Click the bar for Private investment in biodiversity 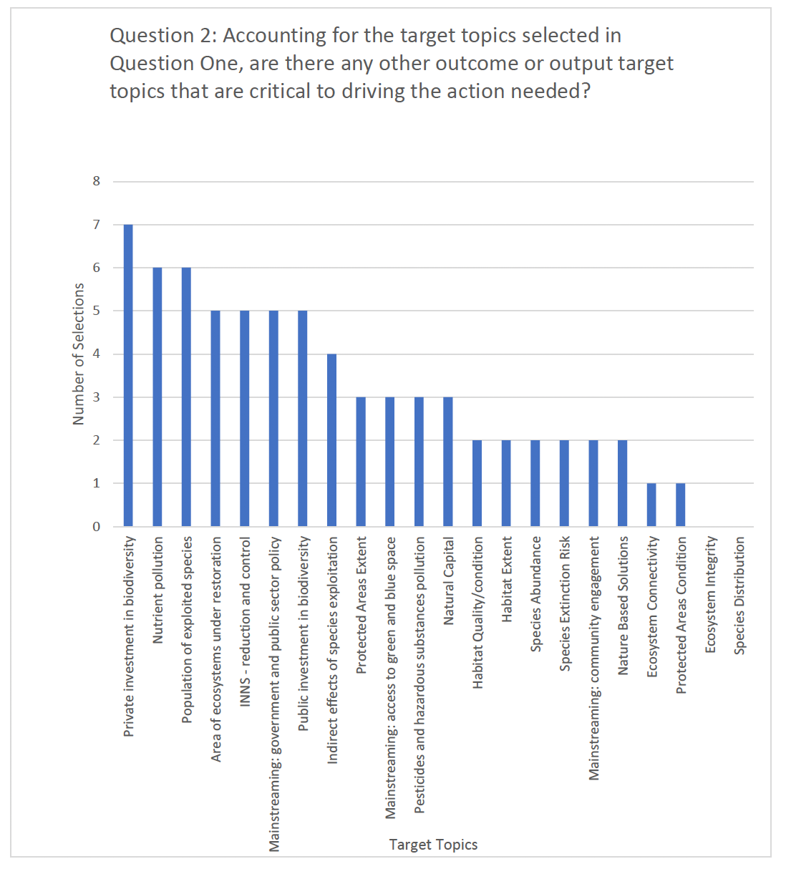[x=128, y=375]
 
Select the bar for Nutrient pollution [x=157, y=397]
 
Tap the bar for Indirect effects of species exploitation [x=332, y=440]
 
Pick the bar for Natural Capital [x=448, y=461]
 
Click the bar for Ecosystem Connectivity [x=651, y=505]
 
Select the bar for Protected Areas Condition [x=681, y=505]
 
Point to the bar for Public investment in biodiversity [x=303, y=418]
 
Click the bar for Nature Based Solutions [x=623, y=483]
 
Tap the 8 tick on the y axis [x=97, y=181]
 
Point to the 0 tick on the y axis [x=97, y=527]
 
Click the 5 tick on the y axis [x=97, y=311]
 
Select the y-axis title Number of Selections [x=79, y=354]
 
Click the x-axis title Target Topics [x=433, y=845]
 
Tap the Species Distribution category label [x=739, y=596]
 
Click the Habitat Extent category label [x=508, y=579]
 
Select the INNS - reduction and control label [x=246, y=622]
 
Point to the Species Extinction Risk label [x=566, y=603]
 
